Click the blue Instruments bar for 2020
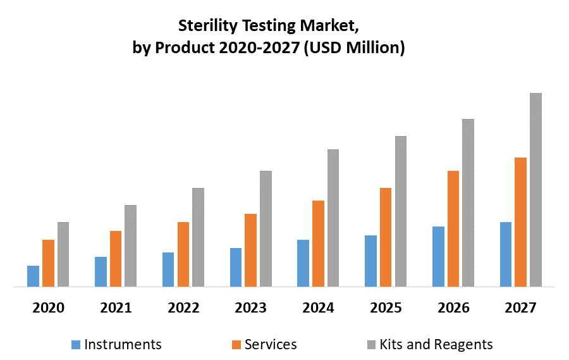33,276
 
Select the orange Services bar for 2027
520,221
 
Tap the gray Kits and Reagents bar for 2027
535,189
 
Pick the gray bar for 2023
266,228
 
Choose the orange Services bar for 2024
318,243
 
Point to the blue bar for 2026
438,256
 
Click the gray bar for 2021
130,245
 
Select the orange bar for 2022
183,254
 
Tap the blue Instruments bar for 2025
370,261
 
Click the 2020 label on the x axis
48,308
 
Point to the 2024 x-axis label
318,308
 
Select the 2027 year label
521,308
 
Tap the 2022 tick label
183,308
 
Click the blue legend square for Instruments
76,345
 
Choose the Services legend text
271,345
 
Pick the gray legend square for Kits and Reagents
372,345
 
